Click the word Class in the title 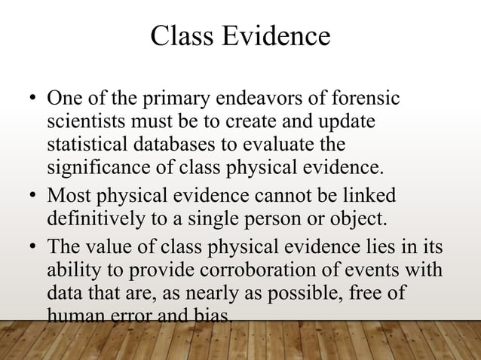coord(181,36)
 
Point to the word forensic coord(357,100)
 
